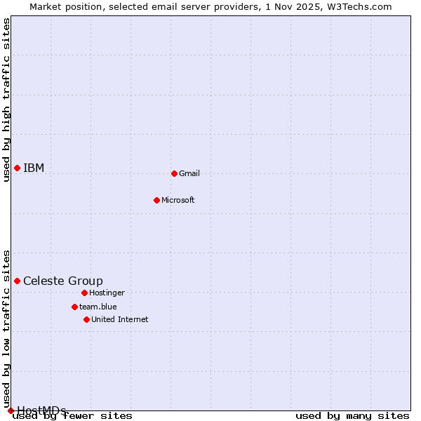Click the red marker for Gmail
click(174, 173)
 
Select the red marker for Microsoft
click(157, 200)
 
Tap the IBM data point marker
click(17, 168)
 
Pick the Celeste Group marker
click(17, 281)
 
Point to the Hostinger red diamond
click(84, 293)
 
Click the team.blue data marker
click(74, 307)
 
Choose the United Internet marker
click(86, 319)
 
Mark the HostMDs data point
click(11, 410)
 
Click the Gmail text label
click(189, 173)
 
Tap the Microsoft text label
click(178, 200)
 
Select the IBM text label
click(34, 168)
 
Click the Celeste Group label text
click(63, 281)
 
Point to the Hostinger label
click(107, 293)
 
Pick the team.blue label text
click(98, 307)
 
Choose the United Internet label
click(120, 319)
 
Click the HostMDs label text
click(41, 410)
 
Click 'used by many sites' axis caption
click(352, 416)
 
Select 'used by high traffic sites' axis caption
click(7, 100)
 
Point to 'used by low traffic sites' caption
click(7, 330)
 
